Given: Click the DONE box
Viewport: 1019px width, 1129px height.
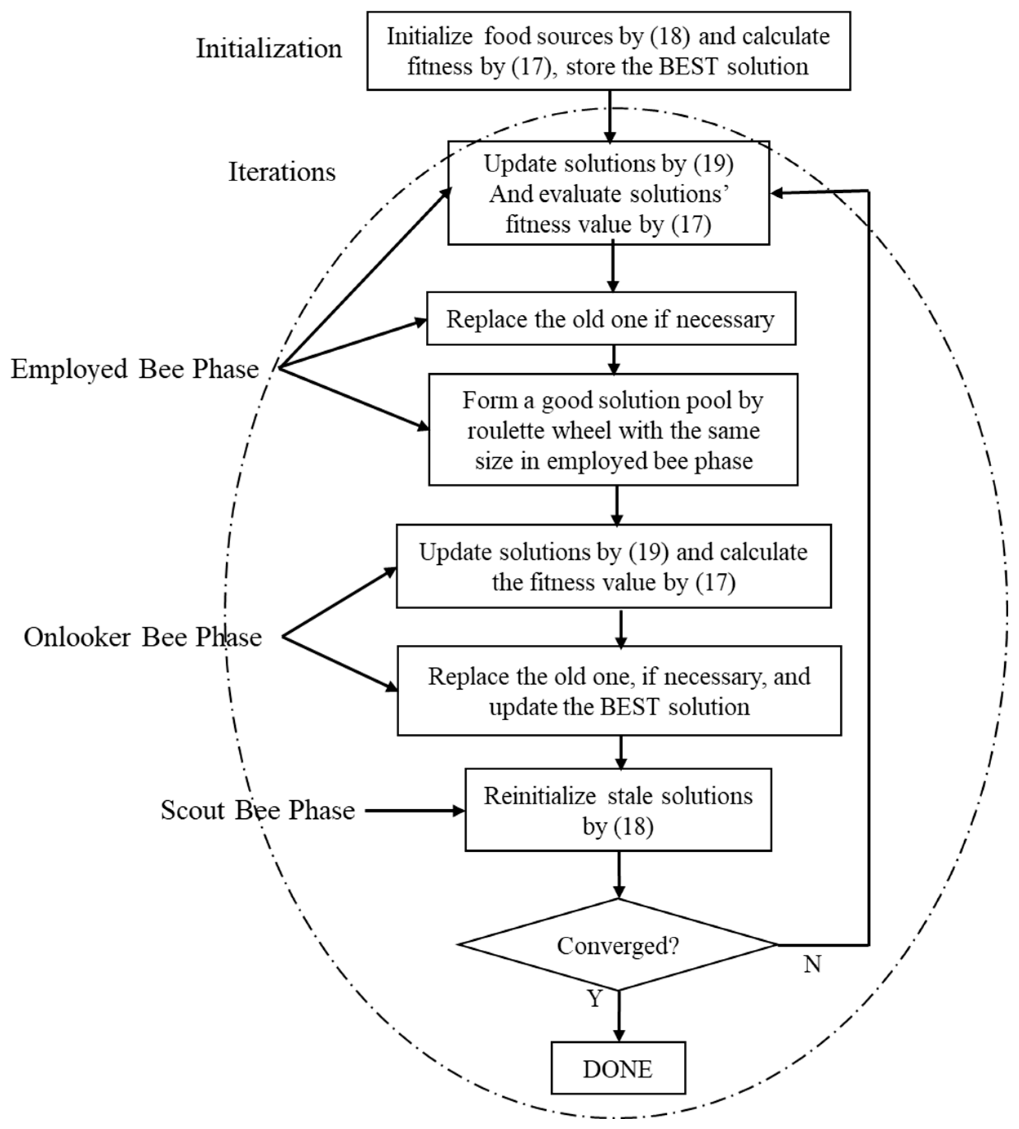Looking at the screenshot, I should click(618, 1069).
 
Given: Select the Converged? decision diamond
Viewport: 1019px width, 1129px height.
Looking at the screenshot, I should click(618, 945).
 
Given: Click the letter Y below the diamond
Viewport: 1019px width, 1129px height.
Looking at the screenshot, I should click(594, 998).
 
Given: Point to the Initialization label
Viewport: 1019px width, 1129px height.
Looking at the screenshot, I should click(269, 49).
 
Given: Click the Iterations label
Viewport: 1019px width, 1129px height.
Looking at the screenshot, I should click(282, 171).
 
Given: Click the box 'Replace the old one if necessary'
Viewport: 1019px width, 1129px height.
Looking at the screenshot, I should click(611, 318).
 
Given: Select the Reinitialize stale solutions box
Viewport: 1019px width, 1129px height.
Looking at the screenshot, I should click(618, 810).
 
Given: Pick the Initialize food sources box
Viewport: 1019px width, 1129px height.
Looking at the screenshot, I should click(609, 51).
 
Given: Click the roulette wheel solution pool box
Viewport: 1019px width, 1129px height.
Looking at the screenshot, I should click(613, 430).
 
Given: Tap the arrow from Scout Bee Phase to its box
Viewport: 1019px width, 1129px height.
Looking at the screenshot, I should click(414, 811).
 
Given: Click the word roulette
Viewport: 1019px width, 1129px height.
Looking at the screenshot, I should click(507, 431).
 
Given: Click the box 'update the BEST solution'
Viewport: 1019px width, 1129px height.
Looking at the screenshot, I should click(619, 690).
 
